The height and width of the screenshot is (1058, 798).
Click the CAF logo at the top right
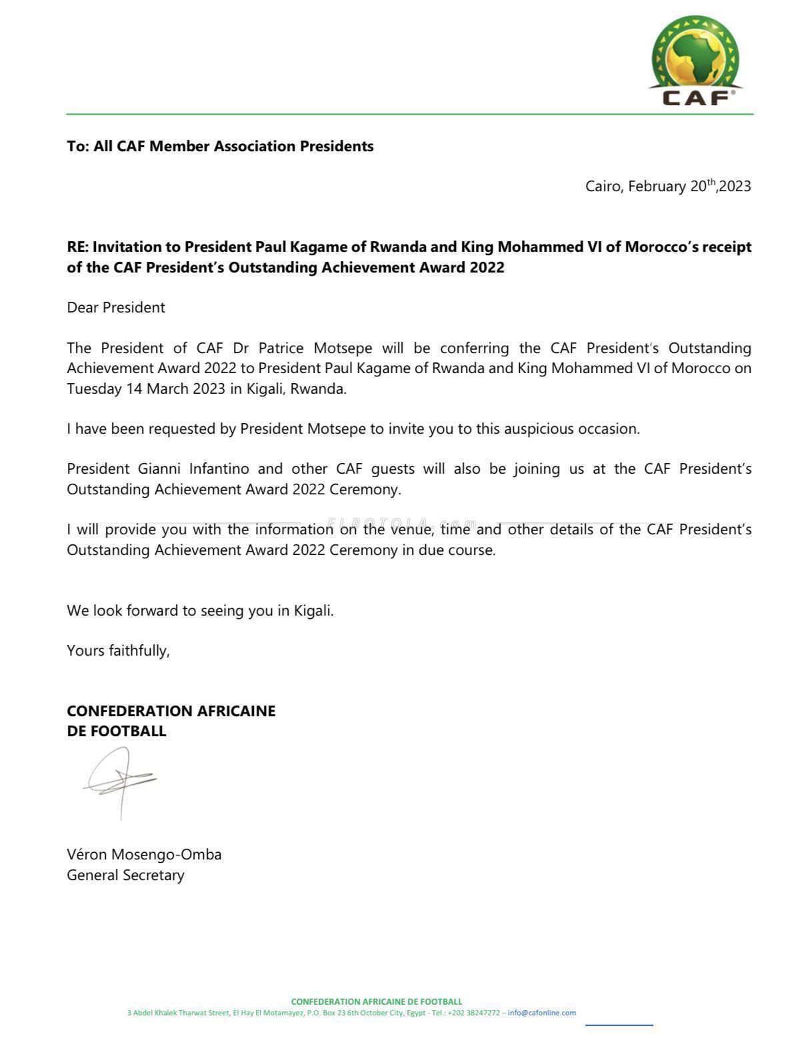tap(695, 61)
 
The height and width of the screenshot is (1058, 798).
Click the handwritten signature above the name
tap(120, 780)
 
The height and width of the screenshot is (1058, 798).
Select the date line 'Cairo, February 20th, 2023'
tap(667, 187)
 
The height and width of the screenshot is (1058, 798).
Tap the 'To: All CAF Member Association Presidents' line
tap(220, 147)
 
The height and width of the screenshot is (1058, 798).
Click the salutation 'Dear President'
tap(116, 308)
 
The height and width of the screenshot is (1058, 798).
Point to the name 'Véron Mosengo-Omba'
tap(144, 855)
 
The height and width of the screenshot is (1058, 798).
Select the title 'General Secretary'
tap(125, 875)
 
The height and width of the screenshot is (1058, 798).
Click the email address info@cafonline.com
tap(541, 1013)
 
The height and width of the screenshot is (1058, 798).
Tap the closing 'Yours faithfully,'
tap(118, 651)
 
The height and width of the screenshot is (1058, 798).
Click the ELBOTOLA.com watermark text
tap(403, 524)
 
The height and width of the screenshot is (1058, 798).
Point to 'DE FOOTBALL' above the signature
tap(116, 732)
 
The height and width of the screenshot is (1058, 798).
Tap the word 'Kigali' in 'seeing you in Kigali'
tap(312, 611)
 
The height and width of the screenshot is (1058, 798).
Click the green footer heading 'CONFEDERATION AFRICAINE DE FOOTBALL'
tap(376, 1001)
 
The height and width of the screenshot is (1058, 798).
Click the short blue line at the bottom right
tap(619, 1025)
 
